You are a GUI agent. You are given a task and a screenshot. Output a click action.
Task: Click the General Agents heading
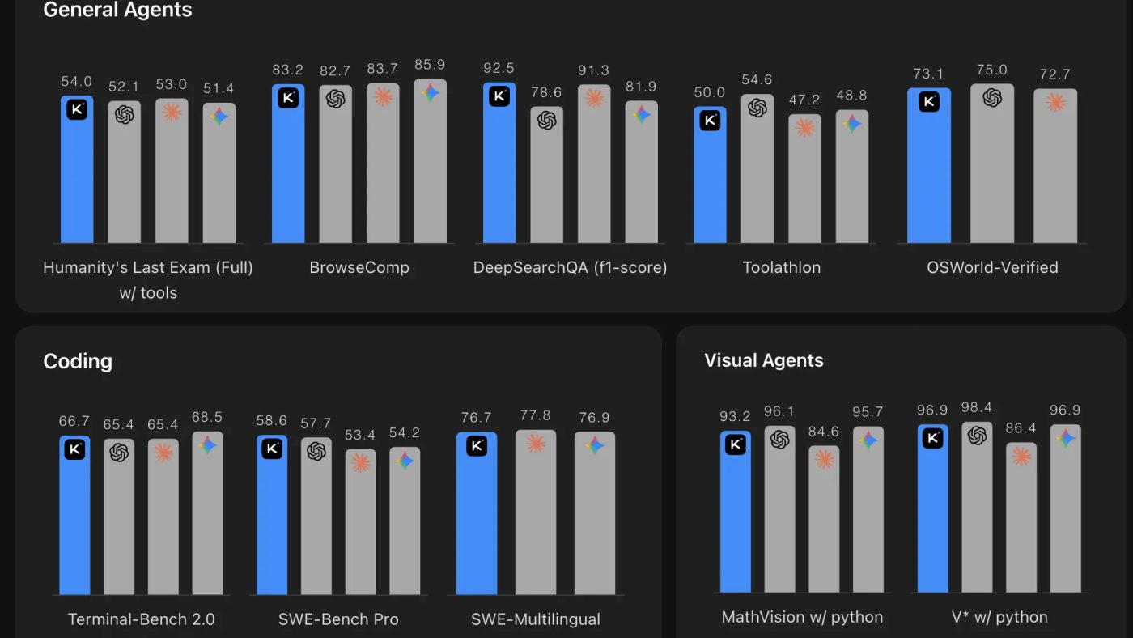coord(117,10)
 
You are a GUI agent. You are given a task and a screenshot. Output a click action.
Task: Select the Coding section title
coord(78,361)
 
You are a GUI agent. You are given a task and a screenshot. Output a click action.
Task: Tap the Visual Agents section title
coord(764,360)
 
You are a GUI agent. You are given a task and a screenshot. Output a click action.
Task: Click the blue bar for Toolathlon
coord(710,175)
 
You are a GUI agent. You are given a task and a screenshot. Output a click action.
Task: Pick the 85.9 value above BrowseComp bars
coord(430,65)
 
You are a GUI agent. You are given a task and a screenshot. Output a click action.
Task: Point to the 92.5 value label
coord(499,68)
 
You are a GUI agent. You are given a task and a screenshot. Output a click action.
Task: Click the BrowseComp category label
coord(359,267)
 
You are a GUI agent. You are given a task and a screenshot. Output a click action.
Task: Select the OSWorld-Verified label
coord(992,267)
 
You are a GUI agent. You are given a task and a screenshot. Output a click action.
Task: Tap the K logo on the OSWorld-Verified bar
coord(929,102)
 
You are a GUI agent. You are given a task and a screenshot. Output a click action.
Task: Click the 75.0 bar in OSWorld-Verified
coord(992,164)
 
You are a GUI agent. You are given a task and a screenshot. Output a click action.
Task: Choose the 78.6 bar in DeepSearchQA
coord(546,175)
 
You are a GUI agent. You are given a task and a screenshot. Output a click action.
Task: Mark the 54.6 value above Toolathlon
coord(757,79)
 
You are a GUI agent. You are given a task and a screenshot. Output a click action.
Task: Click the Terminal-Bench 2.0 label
coord(141,619)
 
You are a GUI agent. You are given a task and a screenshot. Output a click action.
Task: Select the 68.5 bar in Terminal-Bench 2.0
coord(207,513)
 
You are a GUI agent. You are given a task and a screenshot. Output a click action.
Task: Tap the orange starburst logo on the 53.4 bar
coord(361,462)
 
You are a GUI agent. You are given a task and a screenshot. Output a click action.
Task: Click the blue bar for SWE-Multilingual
coord(477,513)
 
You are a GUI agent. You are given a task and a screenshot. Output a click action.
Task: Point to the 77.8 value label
coord(535,415)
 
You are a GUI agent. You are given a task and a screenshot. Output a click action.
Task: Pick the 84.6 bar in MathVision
coord(824,519)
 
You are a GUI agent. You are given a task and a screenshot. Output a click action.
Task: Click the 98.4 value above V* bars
coord(977,407)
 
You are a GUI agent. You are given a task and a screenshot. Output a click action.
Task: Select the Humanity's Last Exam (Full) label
coord(147,267)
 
